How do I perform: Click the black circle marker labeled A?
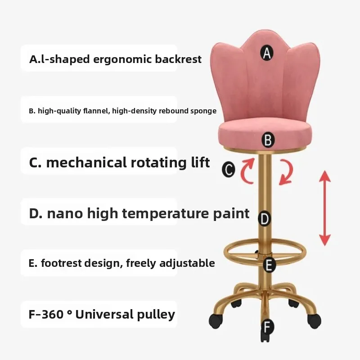(267, 54)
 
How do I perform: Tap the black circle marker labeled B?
(268, 140)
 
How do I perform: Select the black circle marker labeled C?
(229, 170)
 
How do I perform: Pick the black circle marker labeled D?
(265, 219)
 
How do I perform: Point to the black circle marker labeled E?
(269, 265)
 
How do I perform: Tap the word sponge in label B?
(203, 111)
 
